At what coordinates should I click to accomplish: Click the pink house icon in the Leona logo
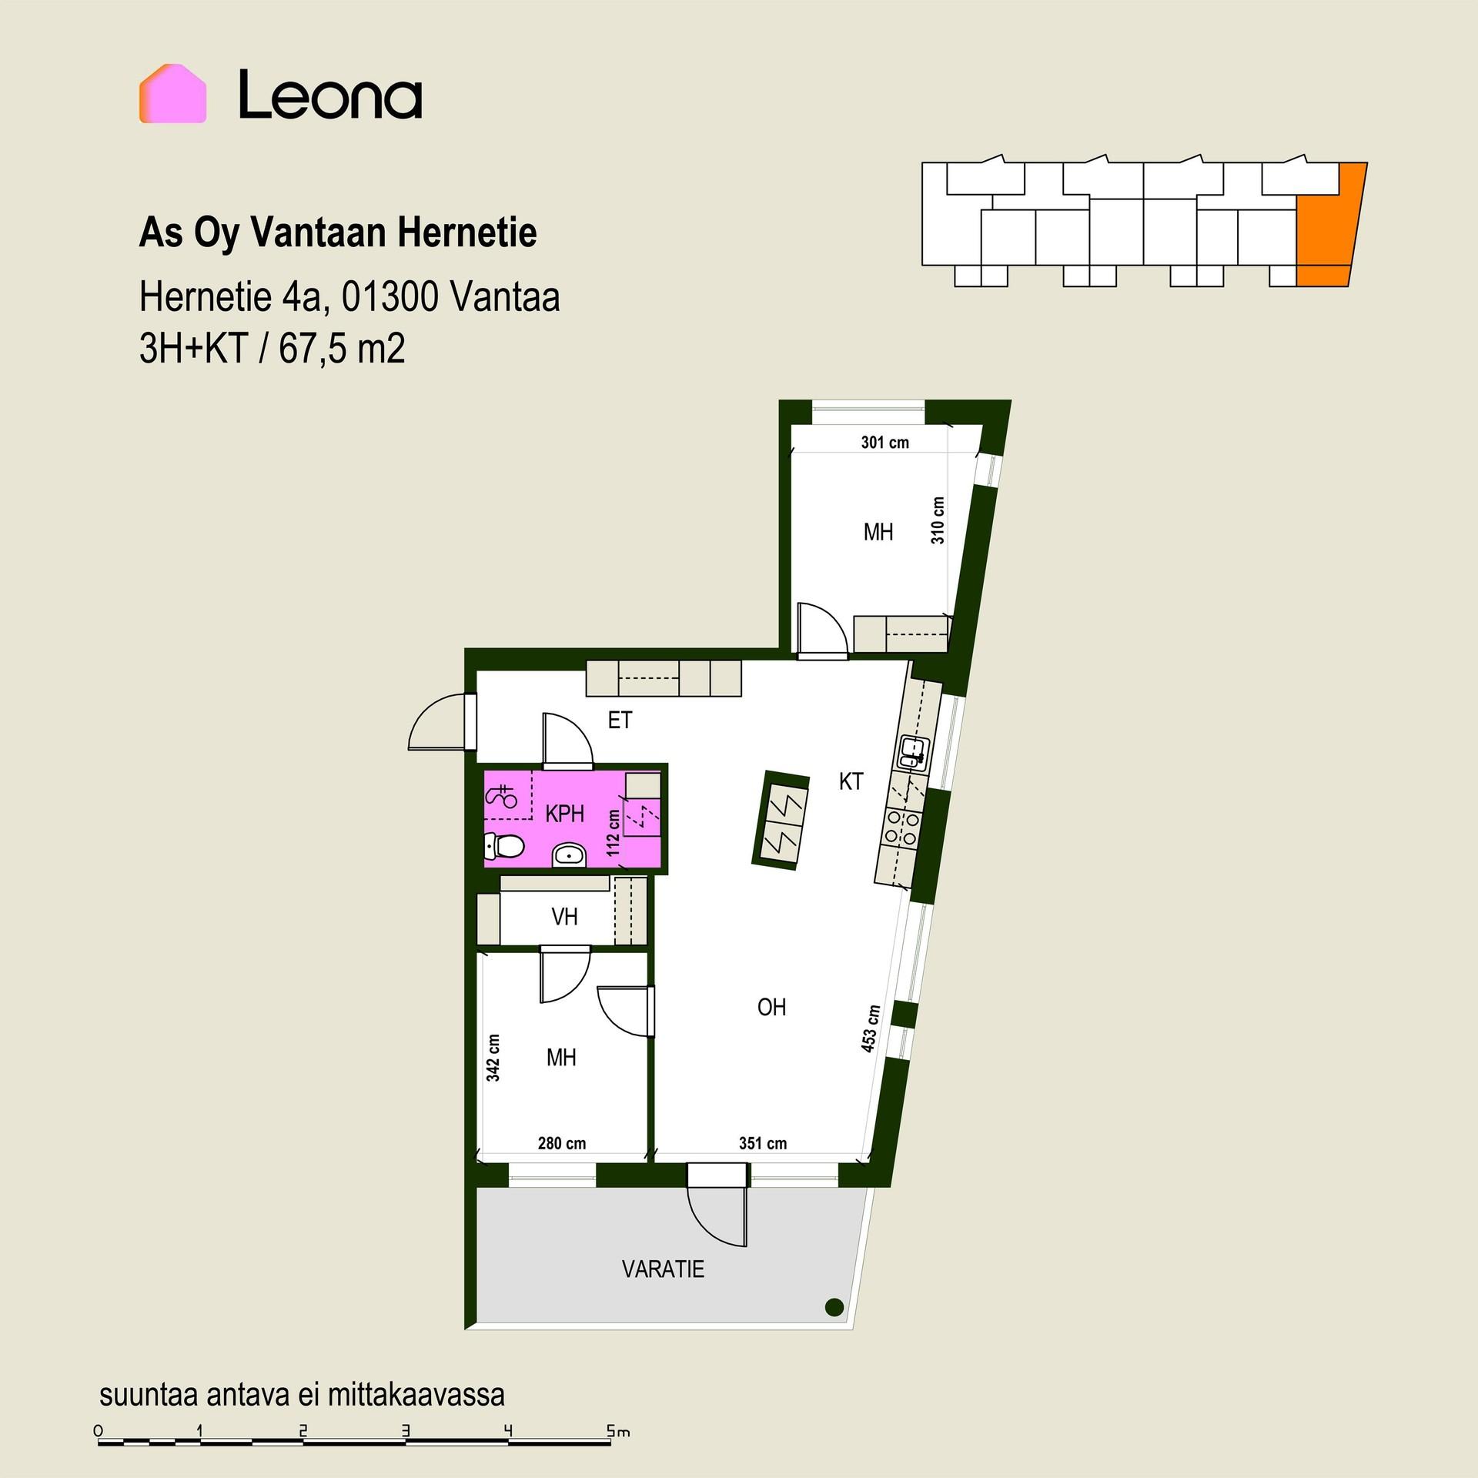tap(172, 93)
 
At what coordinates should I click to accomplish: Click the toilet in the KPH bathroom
tap(504, 847)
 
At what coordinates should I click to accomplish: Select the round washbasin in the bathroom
tap(570, 854)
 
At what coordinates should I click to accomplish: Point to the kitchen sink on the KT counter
tap(914, 751)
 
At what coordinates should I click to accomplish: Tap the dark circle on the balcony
tap(834, 1306)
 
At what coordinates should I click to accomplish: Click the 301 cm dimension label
tap(884, 443)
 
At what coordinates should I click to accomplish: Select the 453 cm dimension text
tap(871, 1028)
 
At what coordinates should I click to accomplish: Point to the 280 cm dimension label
tap(562, 1143)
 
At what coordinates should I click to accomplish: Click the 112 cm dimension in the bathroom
tap(614, 833)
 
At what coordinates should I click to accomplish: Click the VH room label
tap(564, 916)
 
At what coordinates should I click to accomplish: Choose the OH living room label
tap(771, 1007)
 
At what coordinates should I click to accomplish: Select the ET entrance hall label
tap(620, 720)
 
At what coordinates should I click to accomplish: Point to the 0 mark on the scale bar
tap(98, 1431)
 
